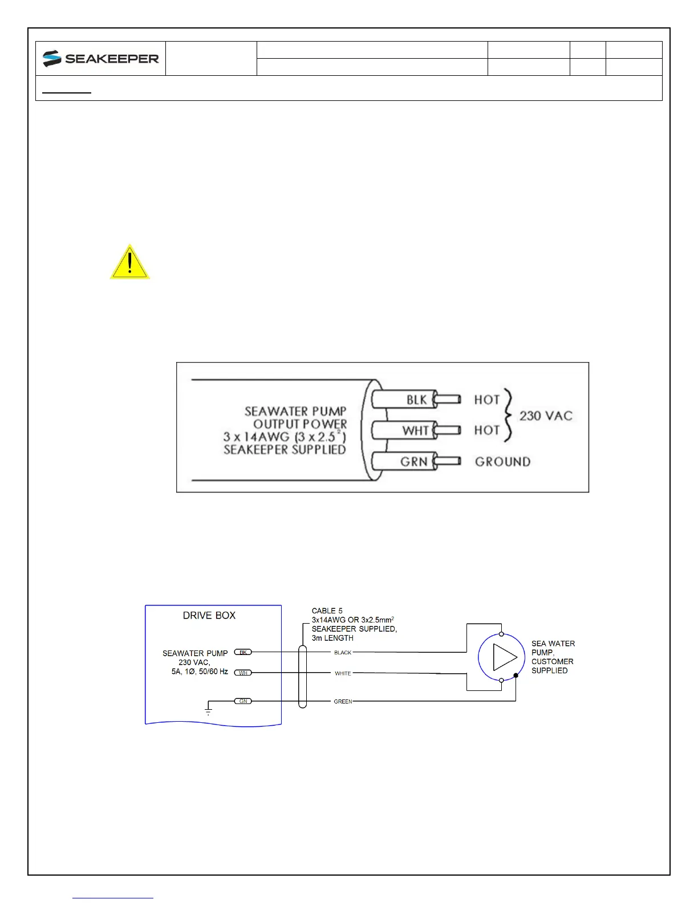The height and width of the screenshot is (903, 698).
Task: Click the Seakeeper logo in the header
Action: coord(100,58)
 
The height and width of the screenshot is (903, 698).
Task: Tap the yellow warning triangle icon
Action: coord(130,262)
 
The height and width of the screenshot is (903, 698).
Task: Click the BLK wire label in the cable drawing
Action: coord(416,400)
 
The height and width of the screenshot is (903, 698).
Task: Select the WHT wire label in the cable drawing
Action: coord(415,430)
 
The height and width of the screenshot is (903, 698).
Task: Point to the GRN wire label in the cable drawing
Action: coord(414,461)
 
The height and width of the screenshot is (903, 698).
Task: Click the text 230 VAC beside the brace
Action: coord(545,416)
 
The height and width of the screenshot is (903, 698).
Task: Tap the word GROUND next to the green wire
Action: coord(502,462)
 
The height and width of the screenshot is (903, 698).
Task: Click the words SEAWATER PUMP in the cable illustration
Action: coord(295,411)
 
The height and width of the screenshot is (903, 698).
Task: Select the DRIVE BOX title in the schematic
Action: coord(209,615)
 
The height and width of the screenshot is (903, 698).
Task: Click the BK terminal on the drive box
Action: coord(243,652)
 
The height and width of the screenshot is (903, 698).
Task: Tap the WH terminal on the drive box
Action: coord(243,673)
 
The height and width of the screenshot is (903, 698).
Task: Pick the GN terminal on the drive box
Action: coord(243,701)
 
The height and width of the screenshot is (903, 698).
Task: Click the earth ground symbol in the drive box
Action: coord(208,710)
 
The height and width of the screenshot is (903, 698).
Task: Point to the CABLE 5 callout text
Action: coord(327,611)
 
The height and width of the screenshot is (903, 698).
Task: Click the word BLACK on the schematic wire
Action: coord(343,652)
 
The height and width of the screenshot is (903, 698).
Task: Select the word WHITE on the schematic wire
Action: coord(343,673)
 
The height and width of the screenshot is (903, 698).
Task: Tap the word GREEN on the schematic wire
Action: coord(343,701)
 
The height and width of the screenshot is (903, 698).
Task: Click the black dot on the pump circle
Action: coord(516,676)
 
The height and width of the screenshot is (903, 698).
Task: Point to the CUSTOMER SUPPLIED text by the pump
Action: coord(552,666)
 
